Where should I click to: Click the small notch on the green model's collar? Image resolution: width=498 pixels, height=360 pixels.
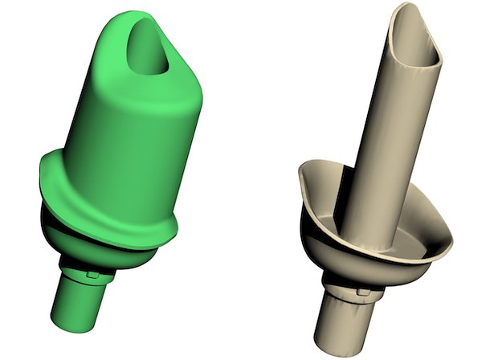96,273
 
